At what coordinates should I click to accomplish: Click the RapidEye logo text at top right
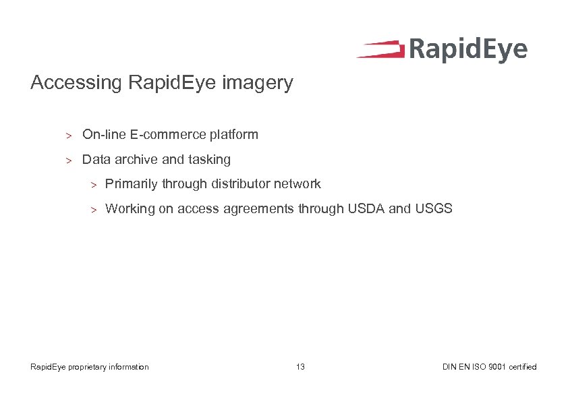[467, 51]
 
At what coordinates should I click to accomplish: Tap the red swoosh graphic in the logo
[380, 49]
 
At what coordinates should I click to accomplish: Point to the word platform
[233, 134]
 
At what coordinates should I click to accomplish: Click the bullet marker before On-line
[68, 135]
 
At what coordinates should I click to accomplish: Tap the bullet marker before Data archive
[68, 161]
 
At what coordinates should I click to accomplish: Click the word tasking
[208, 160]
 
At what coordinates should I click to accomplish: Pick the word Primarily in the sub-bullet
[132, 183]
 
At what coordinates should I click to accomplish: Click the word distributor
[241, 183]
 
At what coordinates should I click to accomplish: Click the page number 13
[300, 367]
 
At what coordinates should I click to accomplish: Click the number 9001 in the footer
[499, 367]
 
